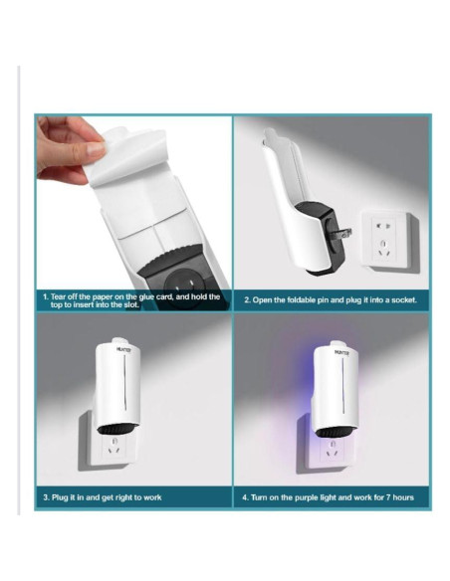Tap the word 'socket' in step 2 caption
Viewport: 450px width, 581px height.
(403, 299)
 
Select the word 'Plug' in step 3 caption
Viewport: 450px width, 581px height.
(60, 497)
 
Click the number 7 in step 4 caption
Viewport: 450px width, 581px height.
(388, 497)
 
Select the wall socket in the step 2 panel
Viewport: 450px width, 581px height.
(387, 239)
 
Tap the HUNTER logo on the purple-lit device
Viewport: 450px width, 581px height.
(341, 352)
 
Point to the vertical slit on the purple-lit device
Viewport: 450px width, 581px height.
(343, 386)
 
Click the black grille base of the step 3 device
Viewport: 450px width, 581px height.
(117, 429)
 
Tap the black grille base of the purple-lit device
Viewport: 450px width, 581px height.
(335, 432)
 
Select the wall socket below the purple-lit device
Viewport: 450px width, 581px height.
(330, 451)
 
